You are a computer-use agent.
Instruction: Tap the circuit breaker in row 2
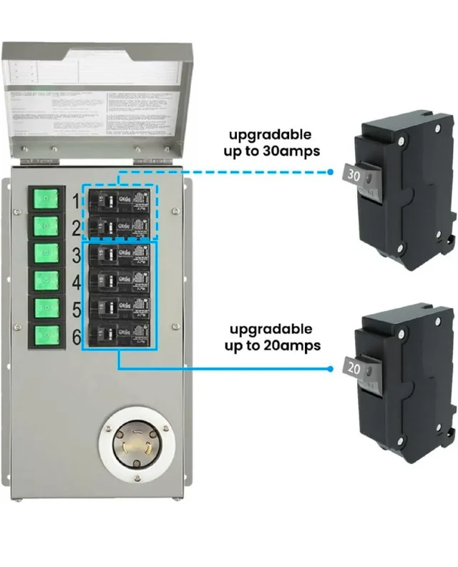119,227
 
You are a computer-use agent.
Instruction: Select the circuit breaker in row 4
119,281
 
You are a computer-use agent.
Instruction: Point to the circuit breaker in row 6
119,334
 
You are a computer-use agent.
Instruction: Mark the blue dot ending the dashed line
331,172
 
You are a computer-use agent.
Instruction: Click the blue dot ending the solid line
331,369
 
